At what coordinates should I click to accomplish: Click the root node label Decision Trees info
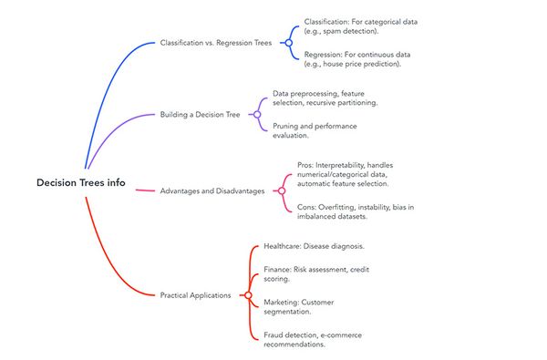81,183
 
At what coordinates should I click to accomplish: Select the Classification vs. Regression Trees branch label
214,42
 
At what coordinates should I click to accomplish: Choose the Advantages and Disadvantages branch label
212,190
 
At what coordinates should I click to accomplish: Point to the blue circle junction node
289,42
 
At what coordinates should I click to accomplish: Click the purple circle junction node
258,115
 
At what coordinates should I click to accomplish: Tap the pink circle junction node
281,190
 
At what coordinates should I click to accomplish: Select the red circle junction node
248,294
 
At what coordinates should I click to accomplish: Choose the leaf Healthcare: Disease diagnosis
314,246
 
